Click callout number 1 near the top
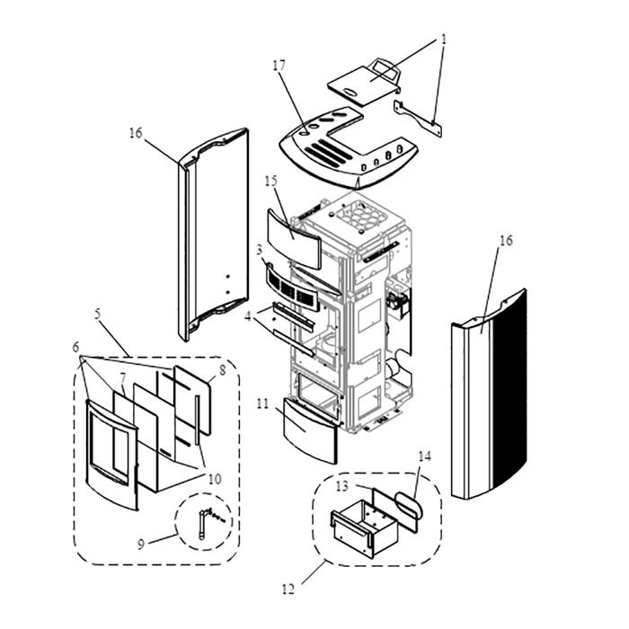pyautogui.click(x=443, y=40)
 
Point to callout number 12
pyautogui.click(x=288, y=590)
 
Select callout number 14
pyautogui.click(x=426, y=456)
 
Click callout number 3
pyautogui.click(x=259, y=249)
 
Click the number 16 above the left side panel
pyautogui.click(x=136, y=133)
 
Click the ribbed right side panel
pyautogui.click(x=490, y=395)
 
